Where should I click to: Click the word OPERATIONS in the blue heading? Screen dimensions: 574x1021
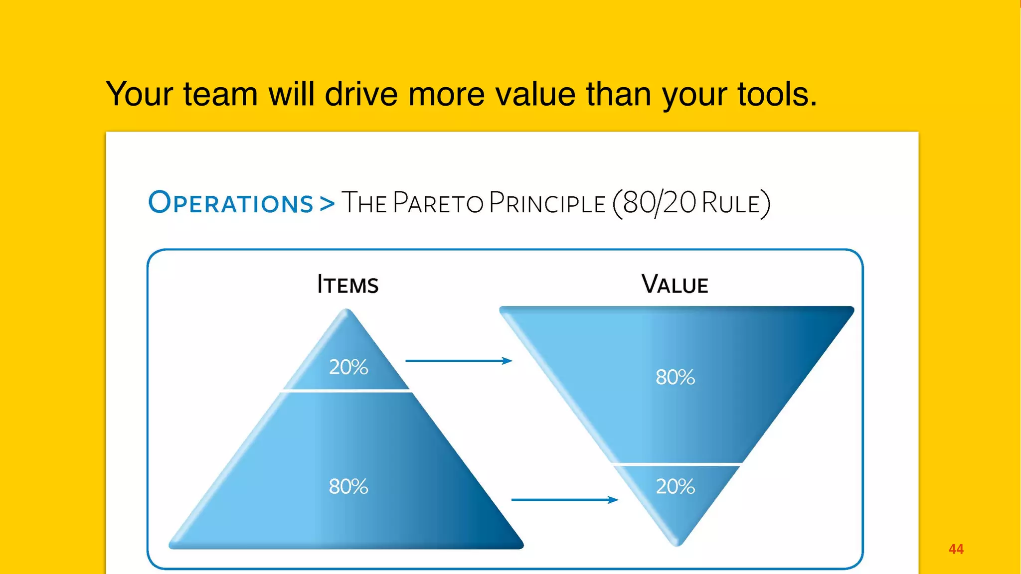tap(230, 203)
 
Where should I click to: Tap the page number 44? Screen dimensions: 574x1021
tap(956, 549)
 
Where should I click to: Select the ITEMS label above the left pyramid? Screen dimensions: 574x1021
tap(347, 285)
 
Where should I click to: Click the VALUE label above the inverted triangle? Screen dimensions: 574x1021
tap(675, 285)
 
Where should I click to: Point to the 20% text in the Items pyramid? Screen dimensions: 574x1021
tap(348, 367)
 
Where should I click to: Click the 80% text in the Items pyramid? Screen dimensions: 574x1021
tap(348, 486)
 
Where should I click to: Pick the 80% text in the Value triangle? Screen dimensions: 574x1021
tap(675, 377)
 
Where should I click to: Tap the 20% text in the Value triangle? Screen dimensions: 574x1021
tap(675, 486)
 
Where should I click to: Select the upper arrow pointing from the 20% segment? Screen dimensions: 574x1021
tap(459, 361)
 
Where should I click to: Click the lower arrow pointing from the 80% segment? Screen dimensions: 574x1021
tap(564, 499)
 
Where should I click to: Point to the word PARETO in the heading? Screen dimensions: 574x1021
tap(438, 203)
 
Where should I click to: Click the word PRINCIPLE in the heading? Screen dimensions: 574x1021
tap(547, 203)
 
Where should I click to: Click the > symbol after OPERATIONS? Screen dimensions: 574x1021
tap(327, 203)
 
